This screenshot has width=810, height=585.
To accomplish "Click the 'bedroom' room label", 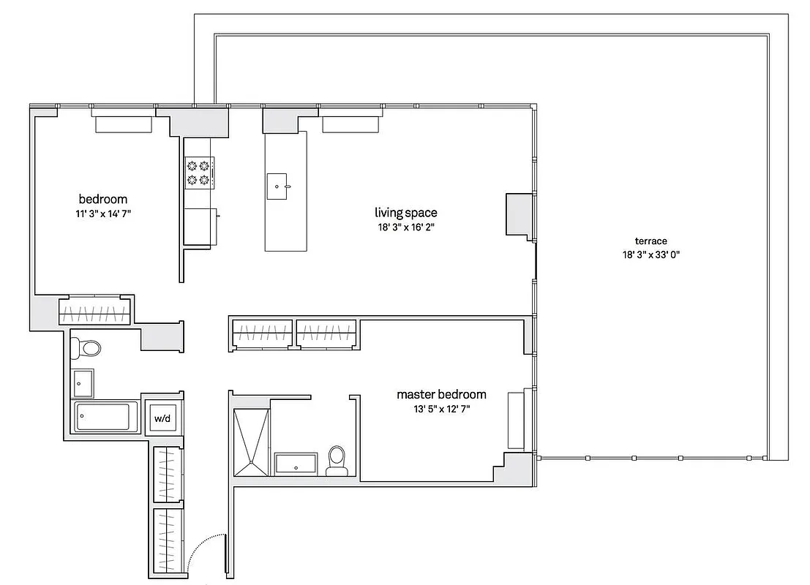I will (x=103, y=199).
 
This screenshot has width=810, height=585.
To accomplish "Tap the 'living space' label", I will (x=406, y=213).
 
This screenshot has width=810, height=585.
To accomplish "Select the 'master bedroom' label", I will (x=441, y=395).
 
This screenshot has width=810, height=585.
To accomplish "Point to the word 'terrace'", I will (x=650, y=241).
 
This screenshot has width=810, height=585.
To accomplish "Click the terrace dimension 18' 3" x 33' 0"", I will (x=650, y=255).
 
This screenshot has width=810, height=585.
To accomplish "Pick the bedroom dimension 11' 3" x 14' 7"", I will (x=103, y=214).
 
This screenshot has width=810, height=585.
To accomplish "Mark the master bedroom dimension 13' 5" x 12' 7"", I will (x=441, y=409).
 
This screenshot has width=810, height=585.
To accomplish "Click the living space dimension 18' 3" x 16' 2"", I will (x=406, y=227).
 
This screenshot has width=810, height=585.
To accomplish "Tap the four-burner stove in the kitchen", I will (x=198, y=173).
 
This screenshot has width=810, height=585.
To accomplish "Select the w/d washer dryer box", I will (x=160, y=420).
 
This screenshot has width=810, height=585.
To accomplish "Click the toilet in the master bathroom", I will (x=337, y=461).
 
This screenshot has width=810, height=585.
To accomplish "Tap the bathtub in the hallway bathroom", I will (x=103, y=418).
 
